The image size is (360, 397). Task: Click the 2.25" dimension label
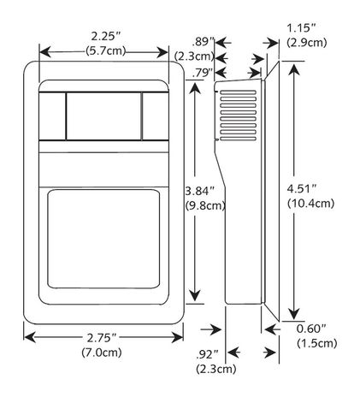(x=105, y=35)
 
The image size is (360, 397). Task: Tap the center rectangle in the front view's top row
(x=103, y=116)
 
